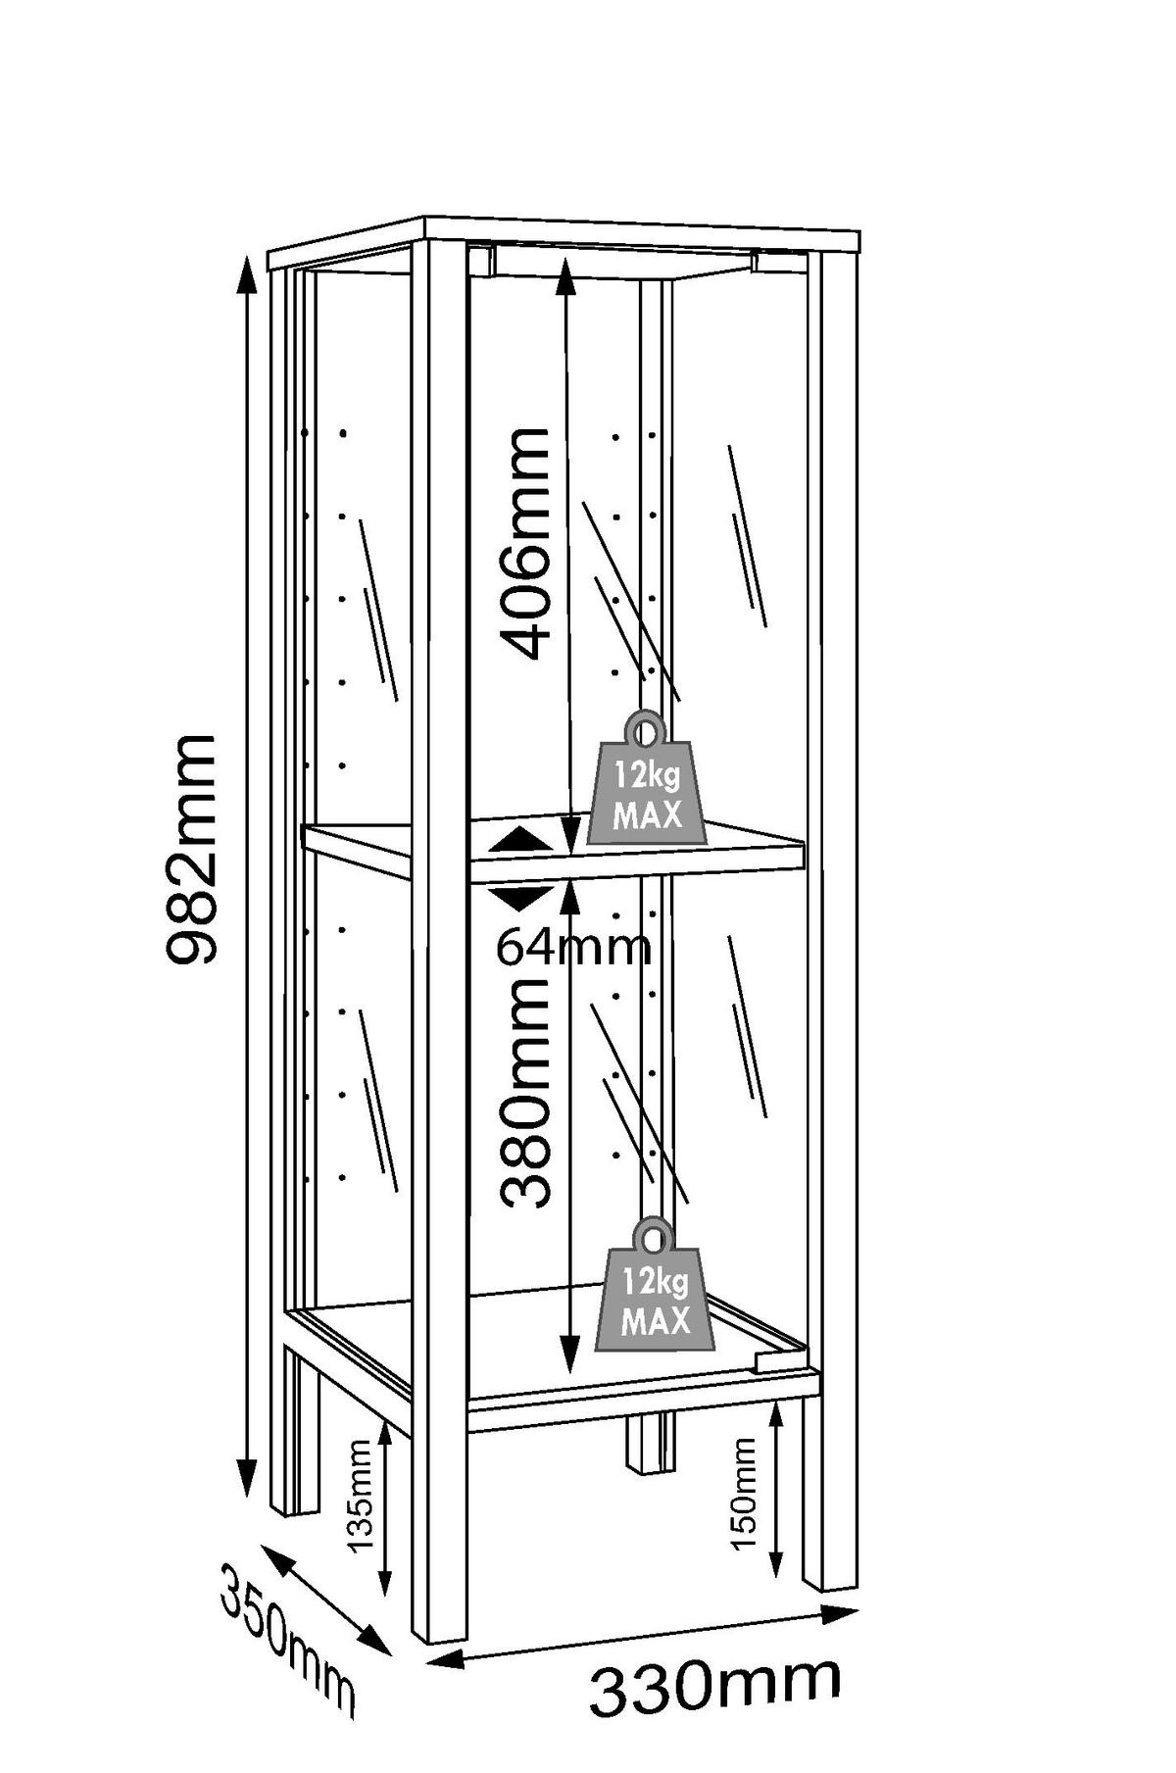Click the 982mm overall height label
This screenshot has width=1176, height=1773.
(192, 849)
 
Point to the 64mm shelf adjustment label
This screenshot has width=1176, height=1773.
(573, 947)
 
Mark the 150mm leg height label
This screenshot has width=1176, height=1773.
(745, 1494)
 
